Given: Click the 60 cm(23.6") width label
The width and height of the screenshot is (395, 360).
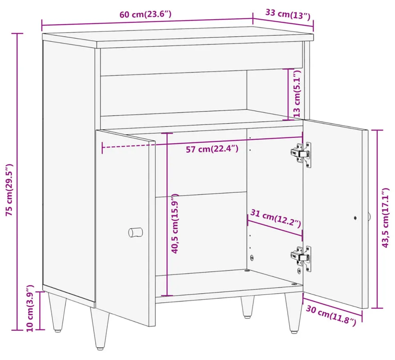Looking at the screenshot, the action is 145,14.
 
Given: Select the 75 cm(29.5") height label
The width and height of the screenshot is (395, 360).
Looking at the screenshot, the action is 9,190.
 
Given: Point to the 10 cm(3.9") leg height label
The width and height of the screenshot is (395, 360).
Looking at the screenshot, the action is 30,308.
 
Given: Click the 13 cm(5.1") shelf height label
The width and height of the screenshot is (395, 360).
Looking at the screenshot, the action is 297,94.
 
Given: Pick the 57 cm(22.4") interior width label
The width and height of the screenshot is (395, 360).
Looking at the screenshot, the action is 212,149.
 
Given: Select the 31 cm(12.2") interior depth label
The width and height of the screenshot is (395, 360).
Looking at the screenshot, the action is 276,218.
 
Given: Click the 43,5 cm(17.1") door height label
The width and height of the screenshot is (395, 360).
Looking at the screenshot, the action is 385,218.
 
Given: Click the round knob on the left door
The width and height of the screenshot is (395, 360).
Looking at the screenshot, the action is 136,232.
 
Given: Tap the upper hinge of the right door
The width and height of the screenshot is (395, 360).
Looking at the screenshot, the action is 301,154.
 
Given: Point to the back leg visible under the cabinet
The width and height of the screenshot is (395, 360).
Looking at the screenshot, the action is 247,307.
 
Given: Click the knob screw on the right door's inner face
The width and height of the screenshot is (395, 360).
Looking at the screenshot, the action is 355,218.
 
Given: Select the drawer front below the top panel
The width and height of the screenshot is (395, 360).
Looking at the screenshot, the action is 202,62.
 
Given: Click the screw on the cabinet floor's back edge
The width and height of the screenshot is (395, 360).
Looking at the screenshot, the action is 247,271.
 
